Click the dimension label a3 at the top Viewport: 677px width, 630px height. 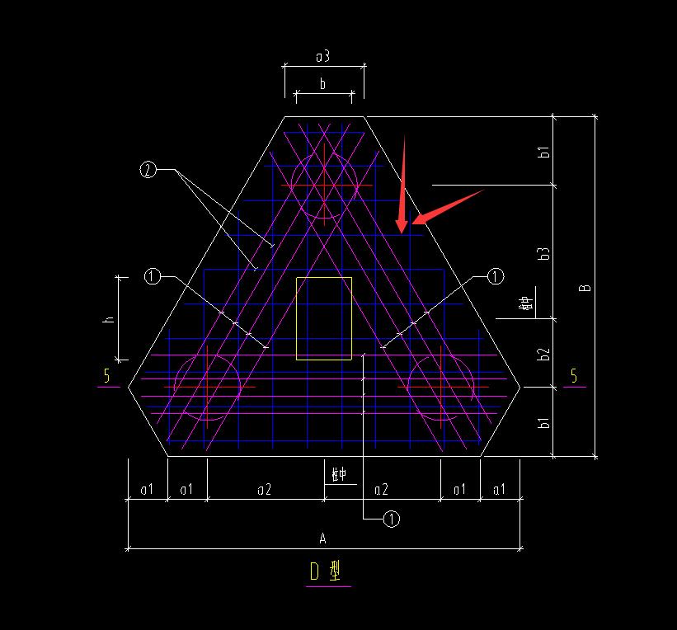pos(323,56)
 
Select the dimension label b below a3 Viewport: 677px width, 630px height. pos(323,83)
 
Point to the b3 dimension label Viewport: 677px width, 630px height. pos(543,254)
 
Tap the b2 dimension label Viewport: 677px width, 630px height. pos(543,354)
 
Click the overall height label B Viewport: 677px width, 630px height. pos(585,288)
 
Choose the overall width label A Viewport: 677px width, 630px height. pos(323,538)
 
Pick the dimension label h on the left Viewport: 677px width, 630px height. pos(108,319)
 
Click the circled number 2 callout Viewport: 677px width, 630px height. pos(148,171)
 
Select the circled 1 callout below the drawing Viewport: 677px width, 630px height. pos(392,519)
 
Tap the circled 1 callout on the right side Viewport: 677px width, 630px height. pos(495,277)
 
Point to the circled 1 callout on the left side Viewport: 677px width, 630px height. pos(152,277)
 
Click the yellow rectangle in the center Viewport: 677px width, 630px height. pos(324,318)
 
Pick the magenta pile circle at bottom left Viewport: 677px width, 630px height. pos(207,387)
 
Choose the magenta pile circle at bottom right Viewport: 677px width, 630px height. pos(441,387)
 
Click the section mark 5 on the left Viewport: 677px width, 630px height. pos(106,377)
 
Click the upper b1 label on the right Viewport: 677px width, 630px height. pos(543,153)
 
